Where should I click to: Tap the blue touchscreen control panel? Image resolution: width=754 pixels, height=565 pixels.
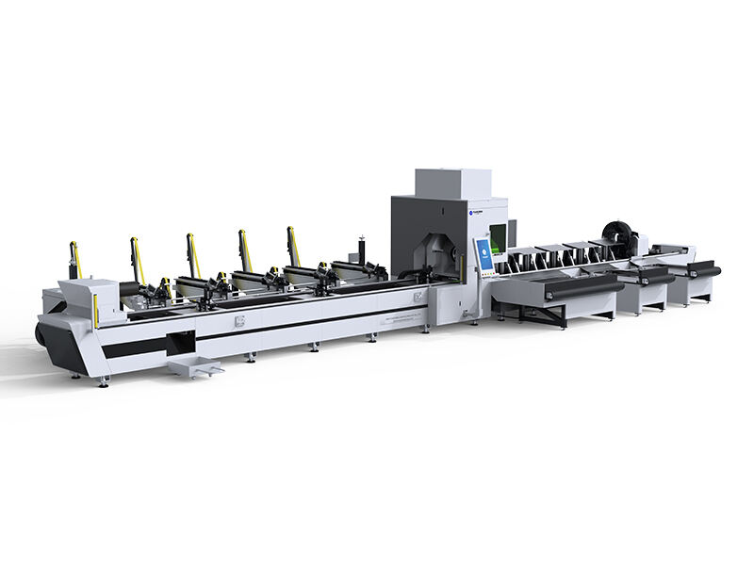point(484,255)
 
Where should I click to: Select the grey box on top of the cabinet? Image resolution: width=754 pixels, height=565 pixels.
point(452,185)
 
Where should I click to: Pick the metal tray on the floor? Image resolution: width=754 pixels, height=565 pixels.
point(195,365)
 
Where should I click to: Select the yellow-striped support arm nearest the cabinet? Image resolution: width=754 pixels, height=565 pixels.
point(293,246)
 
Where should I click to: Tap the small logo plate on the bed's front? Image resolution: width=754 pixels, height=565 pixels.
point(239,320)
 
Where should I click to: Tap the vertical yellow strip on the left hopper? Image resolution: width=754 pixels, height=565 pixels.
point(95,311)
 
